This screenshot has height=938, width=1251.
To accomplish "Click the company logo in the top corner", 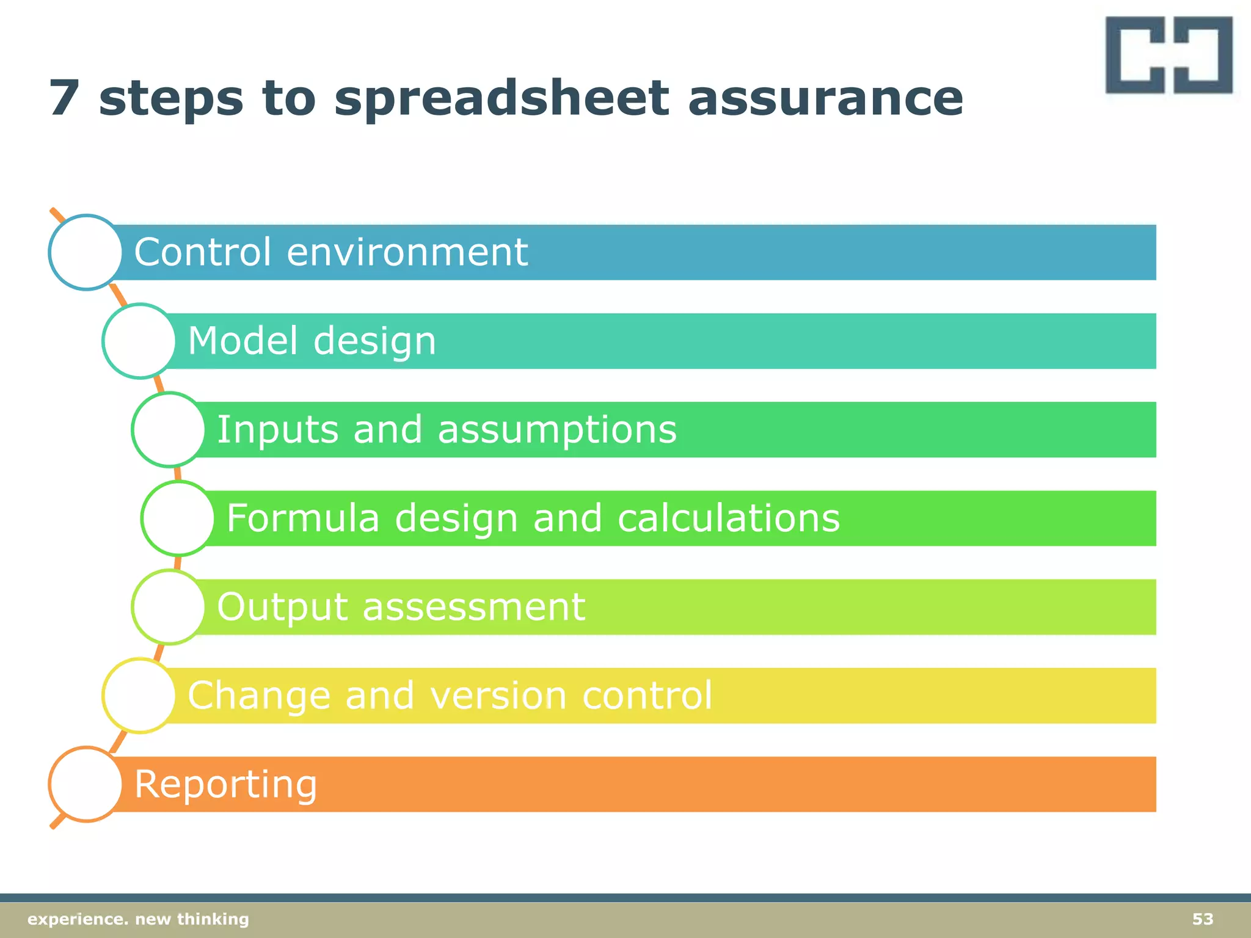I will pos(1169,55).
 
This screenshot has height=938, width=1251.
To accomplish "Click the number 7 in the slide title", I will pos(64,98).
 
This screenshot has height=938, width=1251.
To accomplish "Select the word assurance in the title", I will pos(825,99).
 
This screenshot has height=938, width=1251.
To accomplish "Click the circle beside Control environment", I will pos(86,252).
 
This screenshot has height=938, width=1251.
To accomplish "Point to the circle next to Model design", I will pos(139,341).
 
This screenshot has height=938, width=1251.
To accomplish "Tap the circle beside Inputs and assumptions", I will pos(169,429).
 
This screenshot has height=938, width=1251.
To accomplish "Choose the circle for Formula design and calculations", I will pos(178,518).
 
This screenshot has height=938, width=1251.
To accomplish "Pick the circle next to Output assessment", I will pos(169,606).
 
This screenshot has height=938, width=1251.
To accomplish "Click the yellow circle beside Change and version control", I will pos(139,695).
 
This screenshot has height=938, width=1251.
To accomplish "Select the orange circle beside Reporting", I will pos(86,784).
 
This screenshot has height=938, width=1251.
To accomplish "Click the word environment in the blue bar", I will pos(407,252).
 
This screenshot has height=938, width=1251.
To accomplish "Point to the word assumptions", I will pos(557,430).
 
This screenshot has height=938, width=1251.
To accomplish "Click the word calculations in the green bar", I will pos(728,518).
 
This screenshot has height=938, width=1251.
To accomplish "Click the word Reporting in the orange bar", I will pos(225,785).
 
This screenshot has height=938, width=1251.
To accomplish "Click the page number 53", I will pos(1202,919).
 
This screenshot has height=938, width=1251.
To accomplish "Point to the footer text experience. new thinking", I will pos(138,919).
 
